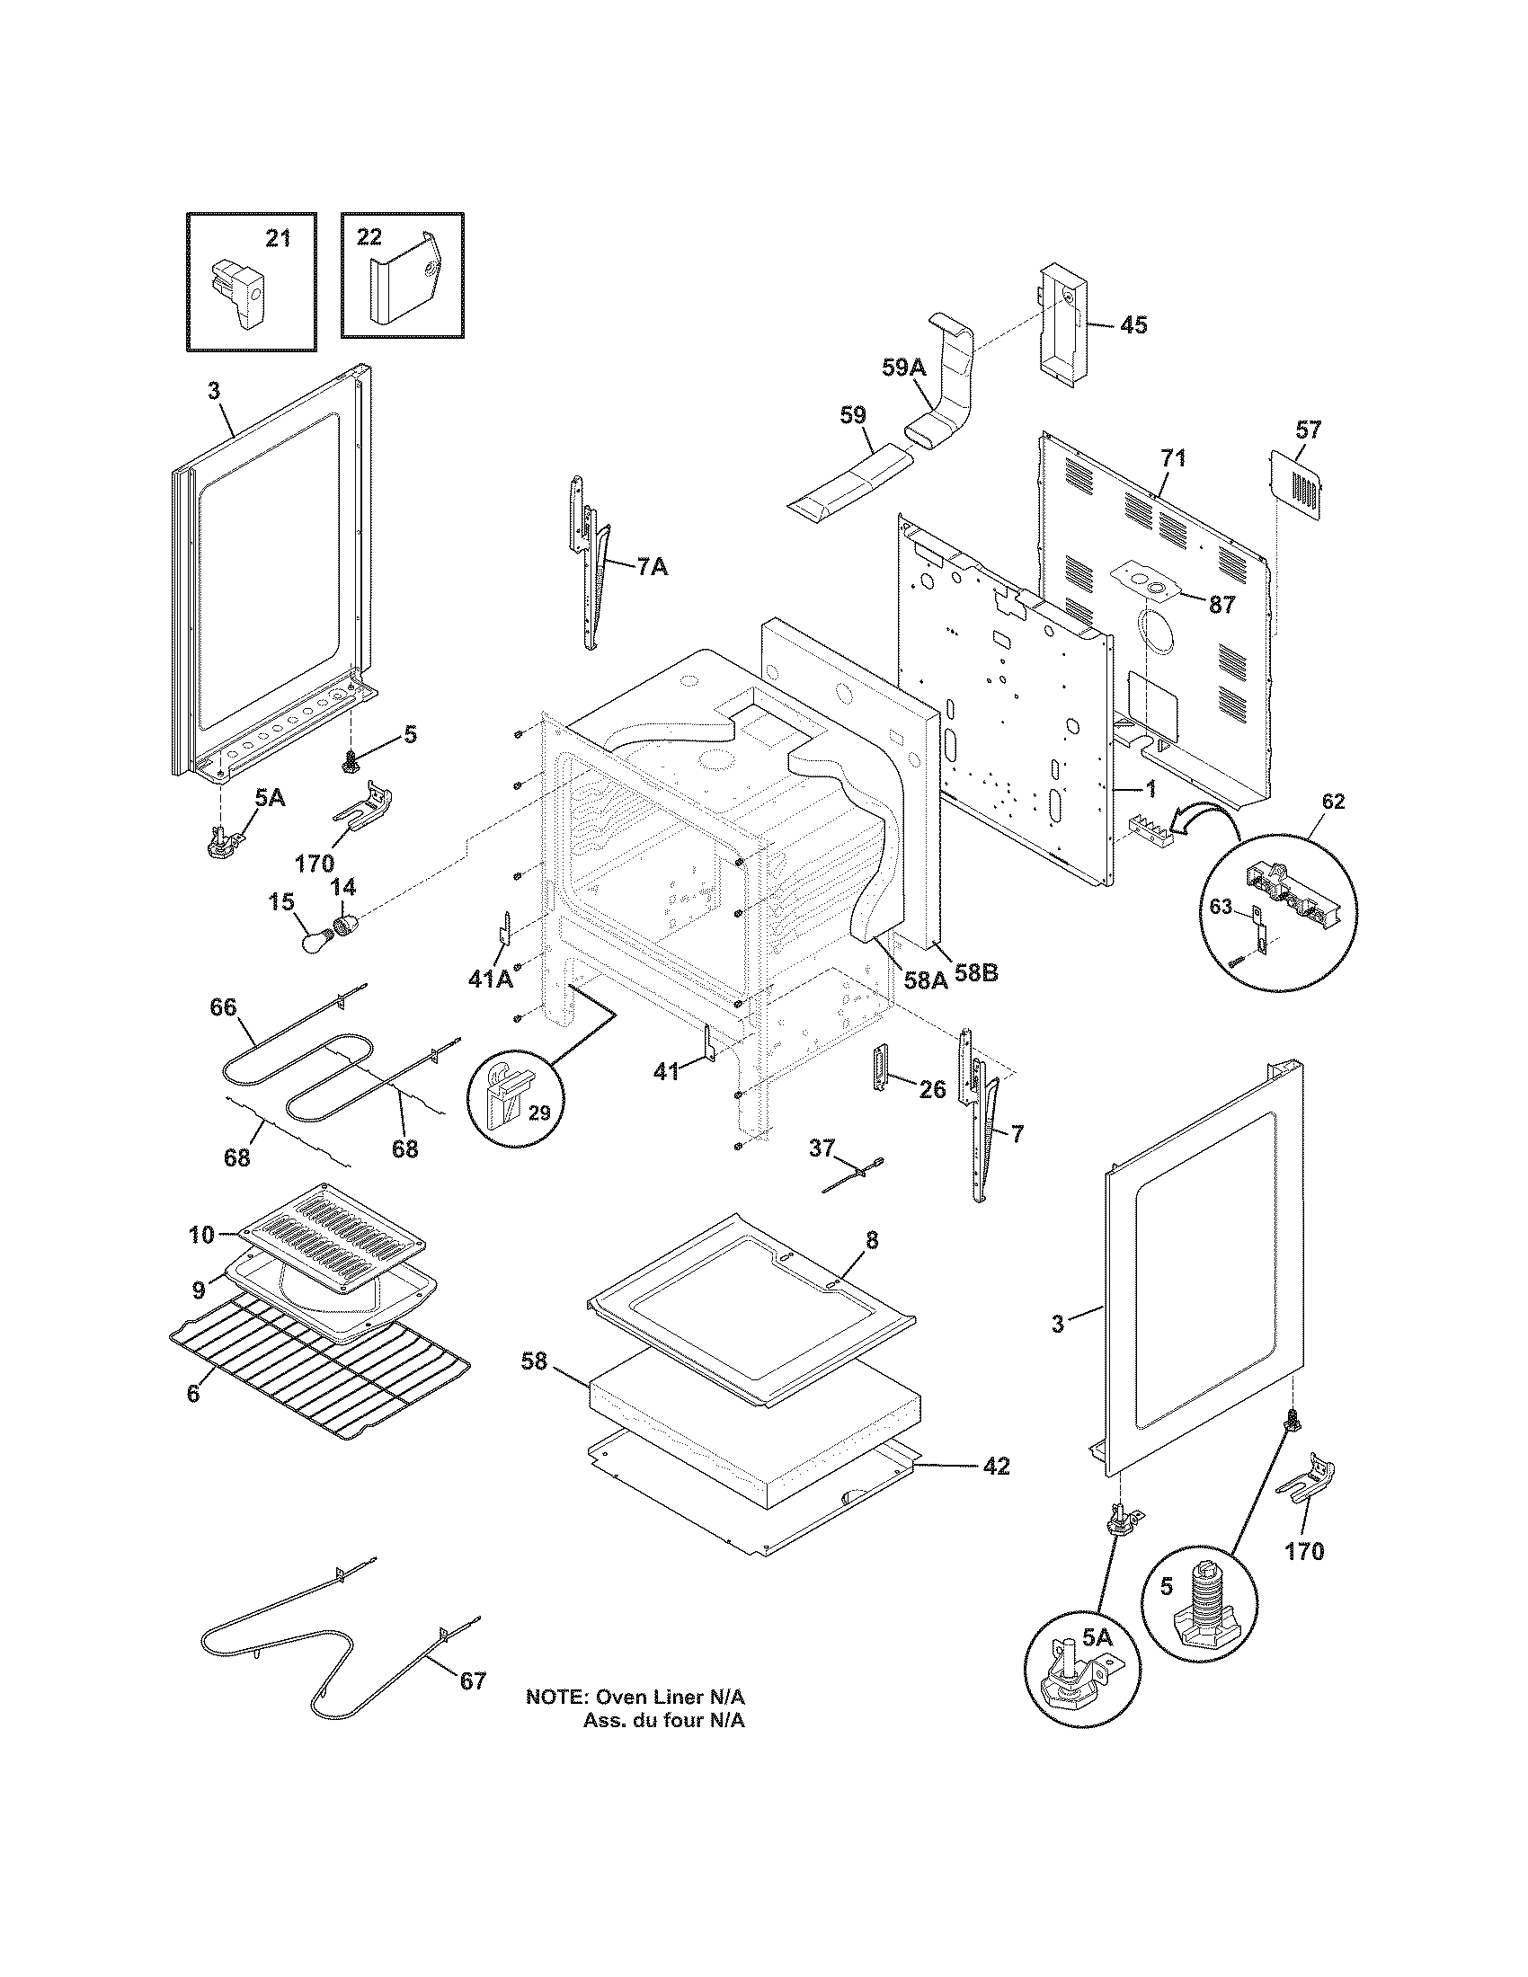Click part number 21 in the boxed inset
pyautogui.click(x=278, y=238)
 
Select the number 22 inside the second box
pyautogui.click(x=369, y=237)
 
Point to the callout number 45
pyautogui.click(x=1133, y=325)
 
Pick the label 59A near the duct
pyautogui.click(x=904, y=367)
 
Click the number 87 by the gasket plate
pyautogui.click(x=1222, y=605)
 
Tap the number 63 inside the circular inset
pyautogui.click(x=1222, y=906)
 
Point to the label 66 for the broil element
pyautogui.click(x=223, y=1006)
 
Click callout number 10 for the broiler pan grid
pyautogui.click(x=202, y=1234)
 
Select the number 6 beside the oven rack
pyautogui.click(x=193, y=1394)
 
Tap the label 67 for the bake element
pyautogui.click(x=473, y=1682)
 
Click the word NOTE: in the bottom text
pyautogui.click(x=557, y=1697)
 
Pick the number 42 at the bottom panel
pyautogui.click(x=996, y=1466)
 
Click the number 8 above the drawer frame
pyautogui.click(x=871, y=1241)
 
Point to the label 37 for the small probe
pyautogui.click(x=821, y=1148)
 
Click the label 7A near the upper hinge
pyautogui.click(x=652, y=568)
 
